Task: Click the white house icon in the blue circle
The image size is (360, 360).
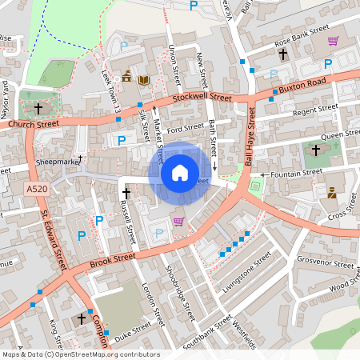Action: pos(180,172)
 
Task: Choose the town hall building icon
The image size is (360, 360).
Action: pos(128,78)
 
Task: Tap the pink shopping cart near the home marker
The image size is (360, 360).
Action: pos(178,221)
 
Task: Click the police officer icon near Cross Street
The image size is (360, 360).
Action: pos(331,192)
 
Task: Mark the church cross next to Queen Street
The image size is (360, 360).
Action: pos(315,150)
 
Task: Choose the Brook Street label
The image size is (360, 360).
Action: pos(112,260)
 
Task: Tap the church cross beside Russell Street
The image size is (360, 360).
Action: pos(126,194)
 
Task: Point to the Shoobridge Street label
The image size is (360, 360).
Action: pos(179,292)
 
